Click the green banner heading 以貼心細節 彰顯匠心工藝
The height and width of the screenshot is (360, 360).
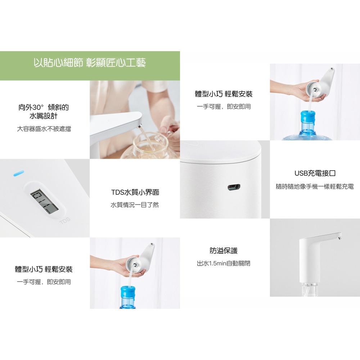[x=90, y=63]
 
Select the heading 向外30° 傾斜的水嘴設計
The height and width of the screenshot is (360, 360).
[x=44, y=112]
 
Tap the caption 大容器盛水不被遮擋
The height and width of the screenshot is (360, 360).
[x=44, y=129]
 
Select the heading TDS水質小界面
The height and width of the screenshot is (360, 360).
[x=135, y=192]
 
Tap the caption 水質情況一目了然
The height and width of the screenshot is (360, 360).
[x=135, y=205]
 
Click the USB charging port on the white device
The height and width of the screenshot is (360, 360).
[x=234, y=187]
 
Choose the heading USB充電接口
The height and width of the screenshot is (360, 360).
[x=315, y=173]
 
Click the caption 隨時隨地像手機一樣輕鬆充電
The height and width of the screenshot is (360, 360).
[x=315, y=186]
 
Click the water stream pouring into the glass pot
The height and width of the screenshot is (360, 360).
[x=143, y=139]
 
